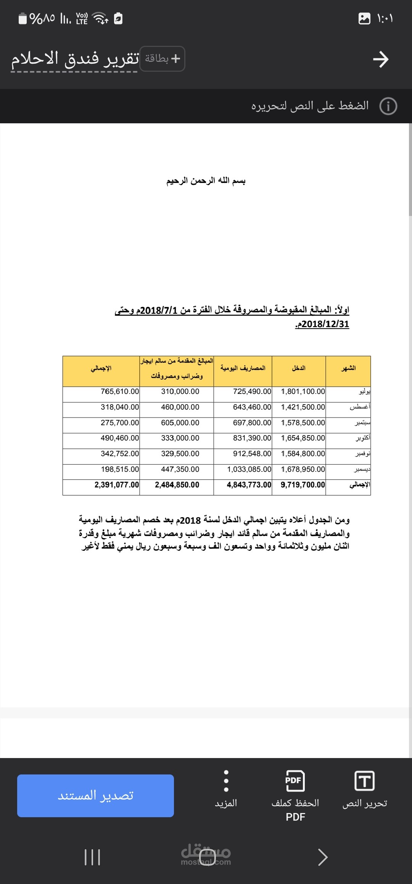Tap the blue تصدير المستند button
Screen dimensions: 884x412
click(x=95, y=795)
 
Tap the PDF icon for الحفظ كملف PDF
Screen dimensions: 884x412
click(x=295, y=781)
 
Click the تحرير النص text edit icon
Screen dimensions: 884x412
click(x=364, y=781)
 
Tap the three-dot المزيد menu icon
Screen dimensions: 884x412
click(x=226, y=781)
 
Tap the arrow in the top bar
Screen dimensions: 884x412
click(x=380, y=60)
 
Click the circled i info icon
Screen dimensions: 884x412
click(x=388, y=106)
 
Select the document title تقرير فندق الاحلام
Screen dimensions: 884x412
click(x=75, y=59)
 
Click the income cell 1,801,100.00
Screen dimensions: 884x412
click(x=303, y=392)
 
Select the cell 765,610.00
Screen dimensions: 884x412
click(x=120, y=392)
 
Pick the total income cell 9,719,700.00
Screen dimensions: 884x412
click(x=303, y=485)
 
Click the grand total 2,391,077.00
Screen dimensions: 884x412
click(x=117, y=485)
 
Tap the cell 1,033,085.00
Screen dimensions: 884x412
click(x=249, y=469)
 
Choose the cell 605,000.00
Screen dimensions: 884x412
click(x=180, y=423)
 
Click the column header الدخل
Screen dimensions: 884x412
click(x=299, y=368)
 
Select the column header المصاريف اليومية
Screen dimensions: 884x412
click(x=243, y=368)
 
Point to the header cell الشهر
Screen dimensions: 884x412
click(x=348, y=368)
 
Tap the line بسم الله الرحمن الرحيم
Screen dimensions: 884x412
click(x=206, y=181)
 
